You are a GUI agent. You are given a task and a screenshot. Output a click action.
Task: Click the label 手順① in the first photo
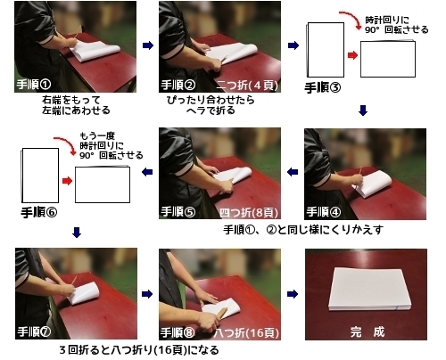click(x=36, y=85)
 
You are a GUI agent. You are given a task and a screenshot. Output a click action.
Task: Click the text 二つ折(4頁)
click(x=244, y=86)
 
